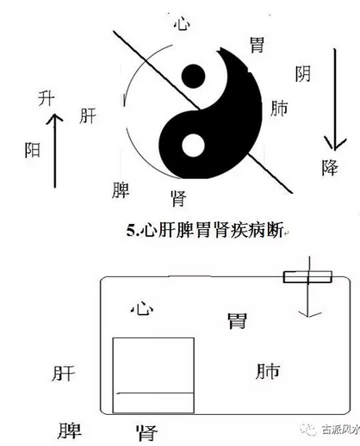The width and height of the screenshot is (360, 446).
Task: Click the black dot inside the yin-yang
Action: click(x=193, y=76)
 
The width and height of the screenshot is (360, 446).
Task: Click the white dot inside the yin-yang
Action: click(x=193, y=146)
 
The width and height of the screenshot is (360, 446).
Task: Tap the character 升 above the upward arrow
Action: click(x=47, y=98)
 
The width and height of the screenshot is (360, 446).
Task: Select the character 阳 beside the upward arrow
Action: click(x=33, y=150)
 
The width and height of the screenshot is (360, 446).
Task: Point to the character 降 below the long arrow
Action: click(x=330, y=167)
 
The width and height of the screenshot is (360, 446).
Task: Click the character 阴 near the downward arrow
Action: click(x=303, y=74)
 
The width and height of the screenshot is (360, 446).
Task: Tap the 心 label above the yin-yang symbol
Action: click(x=182, y=23)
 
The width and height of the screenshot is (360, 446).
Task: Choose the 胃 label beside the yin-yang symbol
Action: click(x=257, y=45)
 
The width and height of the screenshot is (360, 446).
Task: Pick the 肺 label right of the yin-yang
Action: click(x=279, y=108)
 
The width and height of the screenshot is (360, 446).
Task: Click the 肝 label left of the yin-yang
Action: click(x=88, y=115)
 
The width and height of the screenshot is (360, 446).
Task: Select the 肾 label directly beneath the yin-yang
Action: click(x=178, y=198)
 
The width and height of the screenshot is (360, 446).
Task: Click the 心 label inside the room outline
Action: click(x=142, y=309)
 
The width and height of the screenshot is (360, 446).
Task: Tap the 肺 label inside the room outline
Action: click(x=268, y=371)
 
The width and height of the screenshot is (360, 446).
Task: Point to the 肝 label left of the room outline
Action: click(x=64, y=373)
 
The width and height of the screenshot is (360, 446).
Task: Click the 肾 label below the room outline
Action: click(x=146, y=433)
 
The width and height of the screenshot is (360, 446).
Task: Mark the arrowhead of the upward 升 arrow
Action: click(x=54, y=118)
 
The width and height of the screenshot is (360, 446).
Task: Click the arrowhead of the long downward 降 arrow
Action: click(x=335, y=143)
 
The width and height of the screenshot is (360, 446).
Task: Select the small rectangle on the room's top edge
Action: click(x=307, y=277)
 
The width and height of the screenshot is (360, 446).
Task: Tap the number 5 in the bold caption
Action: click(x=131, y=230)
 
